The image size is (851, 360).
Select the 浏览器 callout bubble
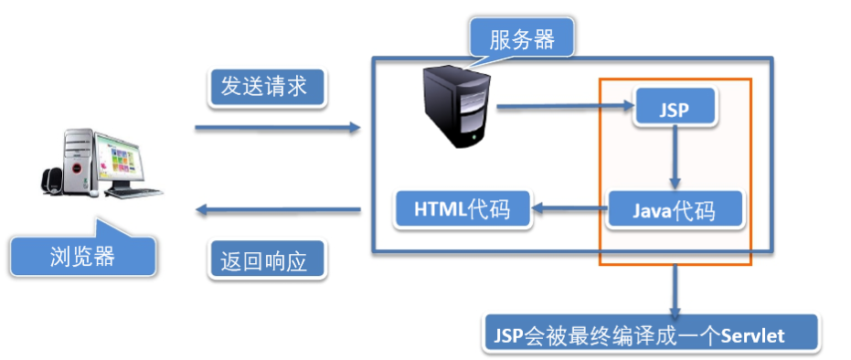tap(83, 255)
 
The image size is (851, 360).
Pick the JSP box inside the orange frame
tap(674, 109)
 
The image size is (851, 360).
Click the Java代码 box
tap(675, 211)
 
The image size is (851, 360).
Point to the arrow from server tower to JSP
tap(565, 109)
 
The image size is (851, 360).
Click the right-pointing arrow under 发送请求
tap(278, 128)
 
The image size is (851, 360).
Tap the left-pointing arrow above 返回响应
tap(278, 212)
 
